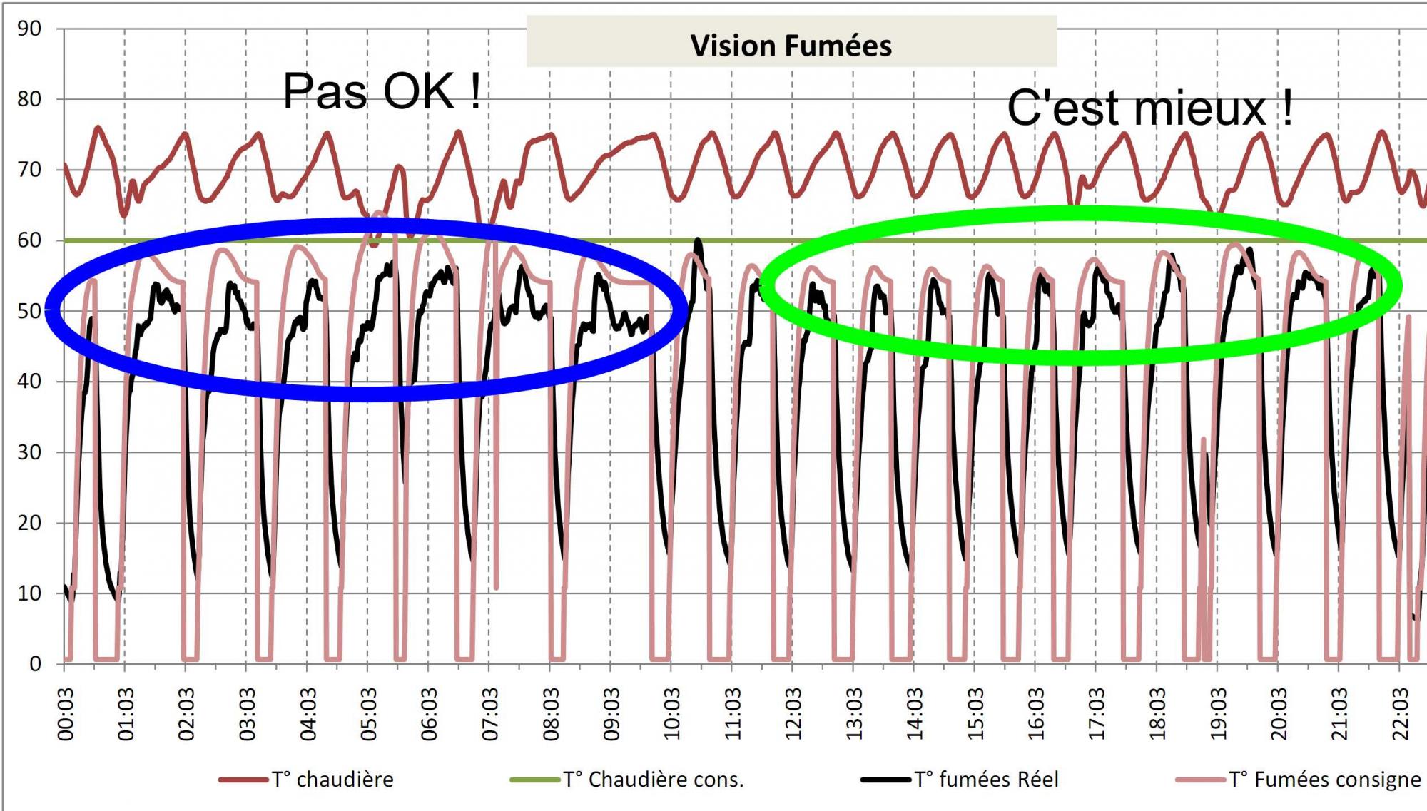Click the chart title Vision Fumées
click(x=791, y=46)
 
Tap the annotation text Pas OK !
click(x=382, y=91)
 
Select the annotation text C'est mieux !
click(x=1149, y=108)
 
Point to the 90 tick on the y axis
click(x=29, y=29)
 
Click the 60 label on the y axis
click(x=29, y=240)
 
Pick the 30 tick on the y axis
click(x=29, y=452)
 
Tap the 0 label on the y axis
click(x=35, y=664)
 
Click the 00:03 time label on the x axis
click(x=65, y=714)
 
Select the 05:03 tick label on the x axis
click(x=368, y=714)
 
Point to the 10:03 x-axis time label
click(x=671, y=714)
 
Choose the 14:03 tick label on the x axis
click(x=914, y=714)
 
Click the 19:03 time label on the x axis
click(x=1217, y=714)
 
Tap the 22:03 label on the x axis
click(x=1400, y=714)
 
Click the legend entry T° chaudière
click(x=332, y=780)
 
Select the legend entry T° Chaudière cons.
click(x=653, y=780)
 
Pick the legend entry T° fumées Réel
click(x=986, y=780)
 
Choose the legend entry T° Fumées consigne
click(x=1324, y=780)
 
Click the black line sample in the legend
click(x=885, y=780)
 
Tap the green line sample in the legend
click(x=534, y=780)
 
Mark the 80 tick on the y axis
click(x=29, y=99)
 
